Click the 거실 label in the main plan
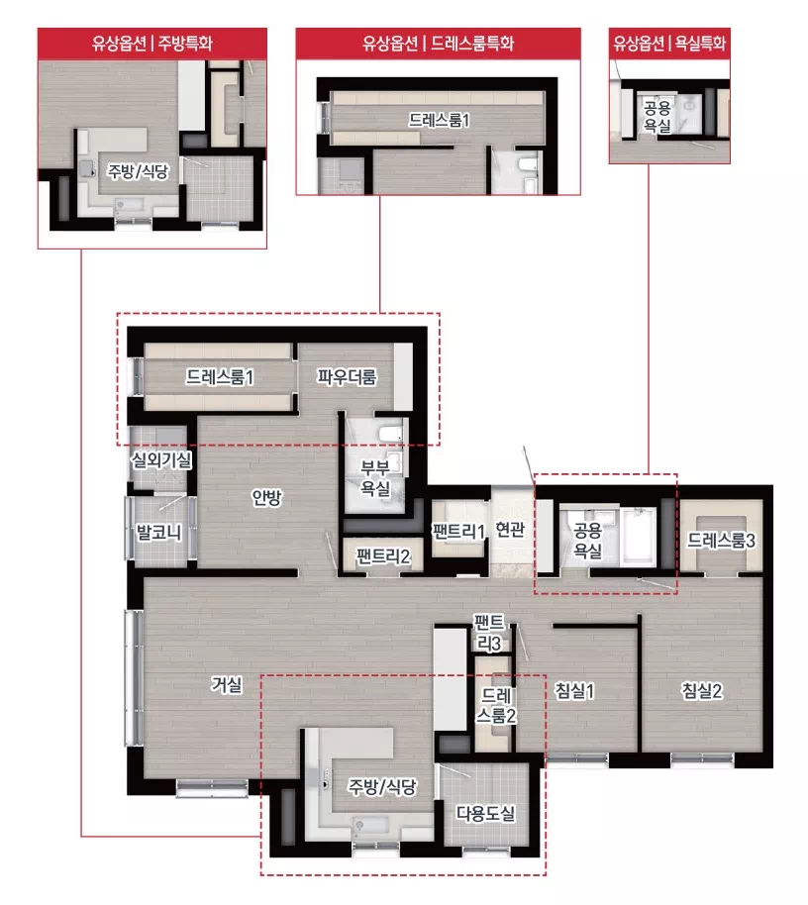(226, 684)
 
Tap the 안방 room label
(266, 497)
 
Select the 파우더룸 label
(347, 377)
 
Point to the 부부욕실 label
(375, 477)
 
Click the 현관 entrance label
(510, 529)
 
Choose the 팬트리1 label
(458, 531)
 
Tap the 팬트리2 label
(383, 556)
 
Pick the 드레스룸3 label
(721, 541)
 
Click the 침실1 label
(574, 690)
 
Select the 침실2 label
(702, 690)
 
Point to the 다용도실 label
(485, 813)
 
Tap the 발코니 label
(158, 532)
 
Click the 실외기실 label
(161, 460)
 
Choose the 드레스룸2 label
(496, 705)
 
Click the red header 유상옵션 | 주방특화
(152, 44)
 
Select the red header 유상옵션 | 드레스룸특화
(438, 44)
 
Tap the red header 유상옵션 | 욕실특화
(669, 44)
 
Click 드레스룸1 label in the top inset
(440, 120)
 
